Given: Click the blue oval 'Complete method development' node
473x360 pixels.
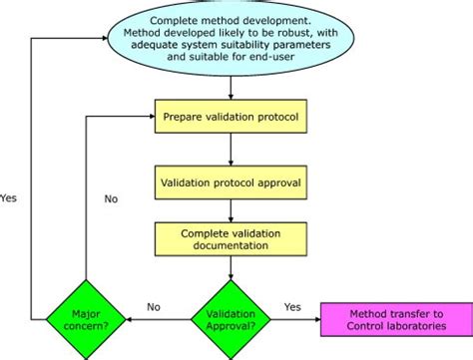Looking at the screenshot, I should (232, 37).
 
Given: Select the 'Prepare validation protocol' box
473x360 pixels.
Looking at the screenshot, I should (232, 118).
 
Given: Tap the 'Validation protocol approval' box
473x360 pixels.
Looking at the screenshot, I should (232, 183).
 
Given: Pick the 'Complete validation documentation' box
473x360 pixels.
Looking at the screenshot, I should (232, 236).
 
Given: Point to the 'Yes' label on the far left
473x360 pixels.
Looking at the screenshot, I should (10, 196).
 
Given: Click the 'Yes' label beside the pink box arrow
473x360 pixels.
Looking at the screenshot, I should (292, 307).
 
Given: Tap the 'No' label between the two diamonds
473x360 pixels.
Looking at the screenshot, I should (155, 307).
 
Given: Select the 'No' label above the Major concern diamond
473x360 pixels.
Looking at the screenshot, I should (111, 198).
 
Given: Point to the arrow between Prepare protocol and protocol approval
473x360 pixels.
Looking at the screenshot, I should (232, 152).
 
